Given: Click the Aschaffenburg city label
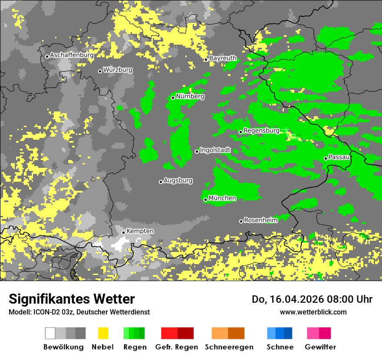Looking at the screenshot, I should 72,55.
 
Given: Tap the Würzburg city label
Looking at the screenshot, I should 118,70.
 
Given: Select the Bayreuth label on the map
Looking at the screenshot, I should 223,58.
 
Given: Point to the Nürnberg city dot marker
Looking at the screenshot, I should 173,98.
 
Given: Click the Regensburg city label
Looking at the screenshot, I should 261,131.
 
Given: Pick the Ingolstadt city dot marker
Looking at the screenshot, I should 197,151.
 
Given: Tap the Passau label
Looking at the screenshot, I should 339,157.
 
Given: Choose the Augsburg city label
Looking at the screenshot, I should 178,180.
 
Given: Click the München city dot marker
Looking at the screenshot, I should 205,200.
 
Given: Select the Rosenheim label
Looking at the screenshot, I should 260,220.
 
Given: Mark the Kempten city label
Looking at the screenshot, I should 140,231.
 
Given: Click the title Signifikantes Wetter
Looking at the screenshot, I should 72,299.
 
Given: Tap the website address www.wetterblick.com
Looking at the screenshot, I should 313,312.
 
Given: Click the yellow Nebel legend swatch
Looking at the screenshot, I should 103,333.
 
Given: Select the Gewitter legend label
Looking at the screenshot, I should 320,347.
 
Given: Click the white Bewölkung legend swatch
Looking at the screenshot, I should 50,333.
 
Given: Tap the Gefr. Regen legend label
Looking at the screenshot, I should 177,347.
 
